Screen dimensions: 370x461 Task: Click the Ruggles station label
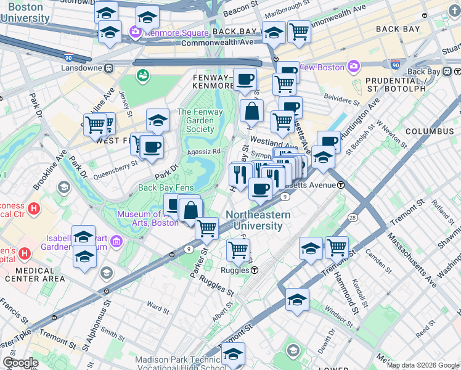coord(240,270)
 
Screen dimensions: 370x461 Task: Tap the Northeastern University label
coord(258,220)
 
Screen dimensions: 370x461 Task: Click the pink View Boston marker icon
coord(354,65)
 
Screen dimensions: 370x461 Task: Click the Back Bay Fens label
coord(166,187)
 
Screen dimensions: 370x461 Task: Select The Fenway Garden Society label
coord(195,120)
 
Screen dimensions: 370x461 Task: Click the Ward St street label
coord(158,305)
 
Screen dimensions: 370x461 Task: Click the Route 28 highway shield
coord(352,218)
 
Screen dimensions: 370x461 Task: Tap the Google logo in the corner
coord(20,363)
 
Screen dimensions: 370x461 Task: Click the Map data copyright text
coord(422,365)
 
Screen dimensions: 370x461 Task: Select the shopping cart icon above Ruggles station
coord(238,250)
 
